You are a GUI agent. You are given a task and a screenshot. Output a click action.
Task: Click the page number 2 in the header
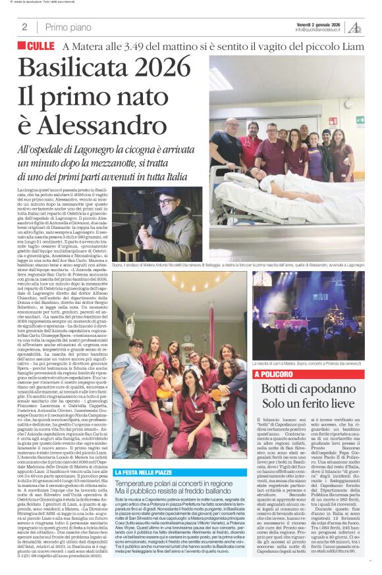24,27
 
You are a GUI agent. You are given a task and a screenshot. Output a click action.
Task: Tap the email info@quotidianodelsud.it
317,30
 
